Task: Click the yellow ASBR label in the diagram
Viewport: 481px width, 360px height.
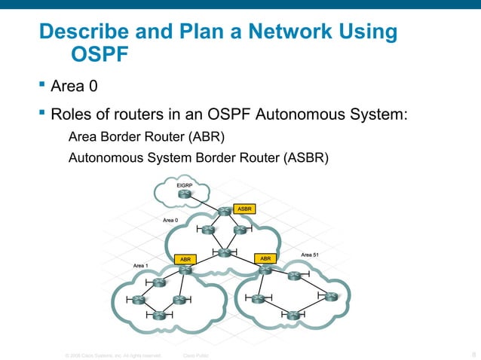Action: click(244, 209)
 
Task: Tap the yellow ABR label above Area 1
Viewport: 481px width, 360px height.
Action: click(185, 259)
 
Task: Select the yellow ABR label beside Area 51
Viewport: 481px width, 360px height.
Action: click(265, 258)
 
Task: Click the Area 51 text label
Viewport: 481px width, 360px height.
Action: click(310, 255)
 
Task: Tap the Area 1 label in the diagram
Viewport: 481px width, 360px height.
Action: click(141, 266)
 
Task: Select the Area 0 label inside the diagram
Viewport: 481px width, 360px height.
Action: click(170, 220)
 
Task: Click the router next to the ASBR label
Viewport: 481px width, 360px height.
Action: click(224, 212)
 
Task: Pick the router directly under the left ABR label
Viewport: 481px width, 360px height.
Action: click(185, 271)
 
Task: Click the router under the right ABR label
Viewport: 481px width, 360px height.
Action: click(265, 271)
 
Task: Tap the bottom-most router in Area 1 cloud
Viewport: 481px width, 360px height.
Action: click(159, 316)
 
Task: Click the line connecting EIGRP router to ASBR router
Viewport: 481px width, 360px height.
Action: click(205, 204)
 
